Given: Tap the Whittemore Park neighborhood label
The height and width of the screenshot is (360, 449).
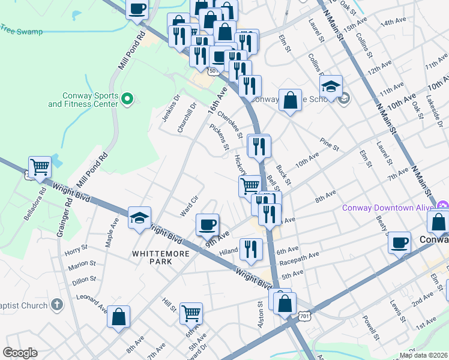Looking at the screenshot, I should pos(161,257).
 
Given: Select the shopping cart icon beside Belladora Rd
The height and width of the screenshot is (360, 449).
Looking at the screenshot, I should pos(40,167).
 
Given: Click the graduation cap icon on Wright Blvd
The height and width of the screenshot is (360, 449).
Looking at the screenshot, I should pos(140,218).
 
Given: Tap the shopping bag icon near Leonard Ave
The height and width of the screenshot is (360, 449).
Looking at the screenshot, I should pos(119,316).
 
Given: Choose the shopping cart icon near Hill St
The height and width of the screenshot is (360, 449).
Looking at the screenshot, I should pos(191,312).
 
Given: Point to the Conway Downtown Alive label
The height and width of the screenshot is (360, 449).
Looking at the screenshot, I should pos(388,208).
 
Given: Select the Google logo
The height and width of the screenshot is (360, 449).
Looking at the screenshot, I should pos(20,353).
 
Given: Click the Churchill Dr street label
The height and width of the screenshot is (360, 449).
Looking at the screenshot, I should pos(187,118).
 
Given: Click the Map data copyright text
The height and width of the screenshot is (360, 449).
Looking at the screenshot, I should pos(424,354).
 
